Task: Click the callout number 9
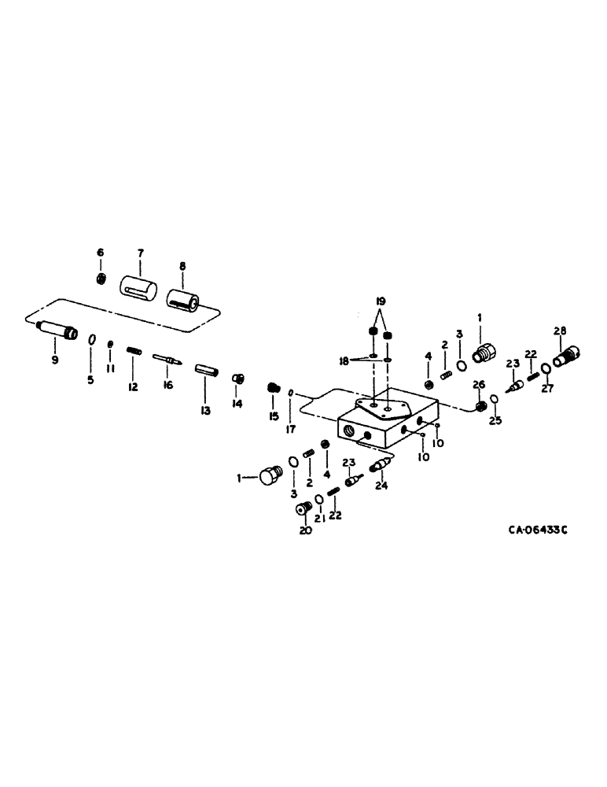55,360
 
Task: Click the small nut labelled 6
101,279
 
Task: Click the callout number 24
382,486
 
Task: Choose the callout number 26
477,384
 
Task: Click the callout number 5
90,380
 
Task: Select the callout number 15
274,415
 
